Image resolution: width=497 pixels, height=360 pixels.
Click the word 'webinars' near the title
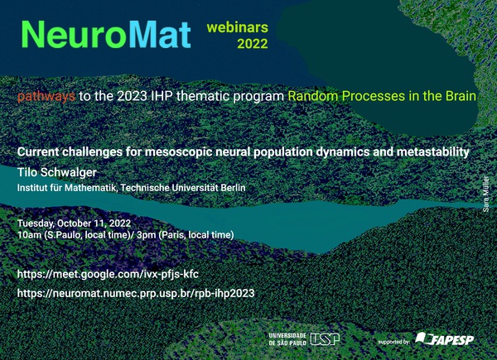[238, 27]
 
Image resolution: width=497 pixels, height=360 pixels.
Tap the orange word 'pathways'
[46, 96]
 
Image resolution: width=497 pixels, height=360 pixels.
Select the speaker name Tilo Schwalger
[56, 172]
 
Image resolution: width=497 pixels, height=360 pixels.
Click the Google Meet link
[108, 274]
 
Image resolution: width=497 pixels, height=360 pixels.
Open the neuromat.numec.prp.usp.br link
[136, 293]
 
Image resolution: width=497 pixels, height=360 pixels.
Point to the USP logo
[325, 339]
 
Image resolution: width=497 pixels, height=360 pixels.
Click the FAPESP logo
[445, 338]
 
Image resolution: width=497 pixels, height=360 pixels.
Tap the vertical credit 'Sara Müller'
[486, 194]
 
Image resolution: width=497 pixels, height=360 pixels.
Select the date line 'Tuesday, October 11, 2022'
[75, 223]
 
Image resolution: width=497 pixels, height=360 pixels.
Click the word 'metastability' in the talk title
[432, 152]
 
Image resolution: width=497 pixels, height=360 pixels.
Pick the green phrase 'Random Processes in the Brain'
[382, 96]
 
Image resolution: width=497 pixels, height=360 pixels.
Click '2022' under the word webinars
[253, 44]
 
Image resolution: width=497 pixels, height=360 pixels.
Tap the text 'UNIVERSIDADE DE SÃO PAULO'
[287, 339]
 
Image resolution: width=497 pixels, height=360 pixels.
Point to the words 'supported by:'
[394, 342]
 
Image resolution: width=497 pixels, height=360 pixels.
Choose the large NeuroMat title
[106, 35]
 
